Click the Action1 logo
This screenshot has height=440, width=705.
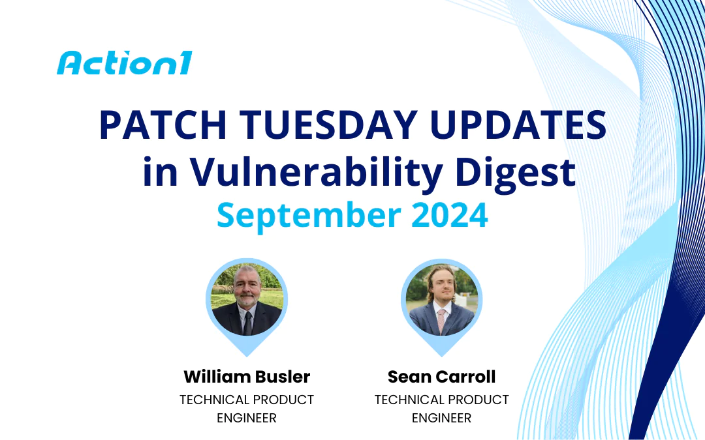[124, 63]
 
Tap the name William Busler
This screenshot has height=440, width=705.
[247, 377]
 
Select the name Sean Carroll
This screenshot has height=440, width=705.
[442, 377]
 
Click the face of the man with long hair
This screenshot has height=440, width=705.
[442, 287]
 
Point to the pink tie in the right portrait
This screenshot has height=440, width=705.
[442, 321]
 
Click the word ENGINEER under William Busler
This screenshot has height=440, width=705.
[247, 418]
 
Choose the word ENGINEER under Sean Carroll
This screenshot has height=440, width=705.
[442, 418]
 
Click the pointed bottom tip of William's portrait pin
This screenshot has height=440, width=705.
[247, 355]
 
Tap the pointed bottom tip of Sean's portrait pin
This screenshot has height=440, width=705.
[442, 355]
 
